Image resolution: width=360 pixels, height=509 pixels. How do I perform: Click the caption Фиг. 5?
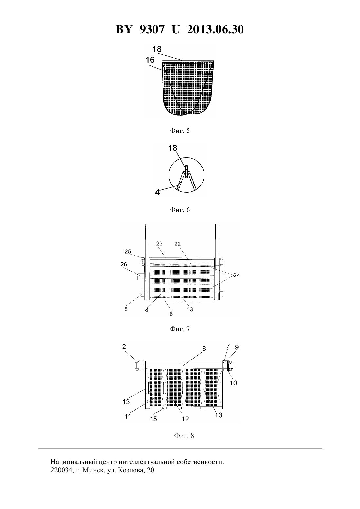tap(180, 131)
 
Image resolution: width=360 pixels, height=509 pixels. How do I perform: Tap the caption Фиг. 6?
tap(180, 209)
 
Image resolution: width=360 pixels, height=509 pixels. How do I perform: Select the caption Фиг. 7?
tap(180, 329)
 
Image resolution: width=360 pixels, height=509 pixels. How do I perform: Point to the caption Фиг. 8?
tap(184, 436)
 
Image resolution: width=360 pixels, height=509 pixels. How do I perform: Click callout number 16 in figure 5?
tap(150, 60)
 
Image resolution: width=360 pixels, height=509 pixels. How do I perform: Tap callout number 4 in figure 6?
tap(157, 192)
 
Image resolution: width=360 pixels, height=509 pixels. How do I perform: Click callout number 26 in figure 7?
tap(124, 264)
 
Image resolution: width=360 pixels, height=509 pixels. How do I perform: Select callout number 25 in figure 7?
tap(128, 251)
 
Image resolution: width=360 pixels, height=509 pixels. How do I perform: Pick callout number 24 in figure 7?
tap(237, 275)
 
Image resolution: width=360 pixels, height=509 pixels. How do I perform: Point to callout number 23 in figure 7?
tap(159, 243)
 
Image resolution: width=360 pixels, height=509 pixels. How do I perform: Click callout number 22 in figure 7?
tap(177, 244)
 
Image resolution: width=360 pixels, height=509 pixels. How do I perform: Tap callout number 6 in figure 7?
tap(171, 314)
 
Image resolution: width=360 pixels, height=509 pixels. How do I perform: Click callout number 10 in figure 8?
tap(233, 383)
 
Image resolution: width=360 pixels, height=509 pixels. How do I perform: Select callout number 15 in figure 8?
tap(153, 419)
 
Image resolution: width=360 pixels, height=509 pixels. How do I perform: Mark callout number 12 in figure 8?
tap(185, 419)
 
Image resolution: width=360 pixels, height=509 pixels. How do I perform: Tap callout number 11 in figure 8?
tap(128, 416)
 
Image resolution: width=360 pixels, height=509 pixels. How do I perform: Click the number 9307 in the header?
tap(152, 29)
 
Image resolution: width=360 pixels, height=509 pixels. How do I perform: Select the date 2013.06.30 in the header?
tap(215, 29)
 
